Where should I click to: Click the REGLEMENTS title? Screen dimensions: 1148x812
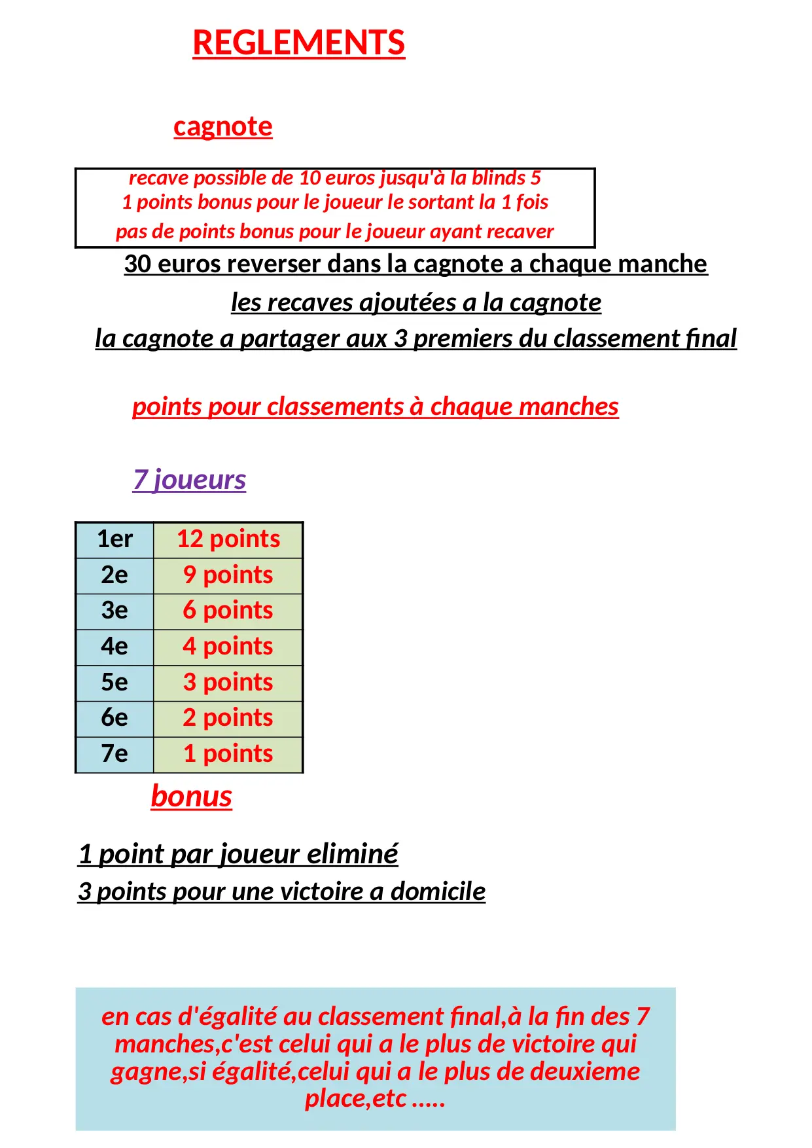pyautogui.click(x=298, y=43)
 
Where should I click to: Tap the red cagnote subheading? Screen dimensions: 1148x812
pyautogui.click(x=222, y=126)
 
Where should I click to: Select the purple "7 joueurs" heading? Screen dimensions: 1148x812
pyautogui.click(x=189, y=479)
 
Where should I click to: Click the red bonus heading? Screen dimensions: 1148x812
pyautogui.click(x=191, y=796)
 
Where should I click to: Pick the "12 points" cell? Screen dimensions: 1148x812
pyautogui.click(x=228, y=539)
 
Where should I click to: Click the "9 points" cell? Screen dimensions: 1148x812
pyautogui.click(x=228, y=575)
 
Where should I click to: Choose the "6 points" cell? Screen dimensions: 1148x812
pyautogui.click(x=228, y=611)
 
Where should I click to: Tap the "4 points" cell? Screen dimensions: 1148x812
pyautogui.click(x=228, y=647)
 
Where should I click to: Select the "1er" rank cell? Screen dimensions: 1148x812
pyautogui.click(x=115, y=539)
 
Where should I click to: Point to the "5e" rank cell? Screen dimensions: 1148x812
pyautogui.click(x=115, y=683)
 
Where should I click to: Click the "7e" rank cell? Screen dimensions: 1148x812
pyautogui.click(x=115, y=754)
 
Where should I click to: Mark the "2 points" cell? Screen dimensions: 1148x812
pyautogui.click(x=228, y=718)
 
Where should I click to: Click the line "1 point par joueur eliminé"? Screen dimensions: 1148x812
pyautogui.click(x=238, y=854)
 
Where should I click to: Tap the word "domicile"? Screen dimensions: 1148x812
pyautogui.click(x=438, y=891)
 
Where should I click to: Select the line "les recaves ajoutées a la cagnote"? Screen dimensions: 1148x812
pyautogui.click(x=416, y=302)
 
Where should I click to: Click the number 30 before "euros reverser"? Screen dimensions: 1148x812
pyautogui.click(x=137, y=264)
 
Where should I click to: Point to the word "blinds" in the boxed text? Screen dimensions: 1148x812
pyautogui.click(x=499, y=178)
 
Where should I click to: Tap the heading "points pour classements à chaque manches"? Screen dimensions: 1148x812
pyautogui.click(x=375, y=406)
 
